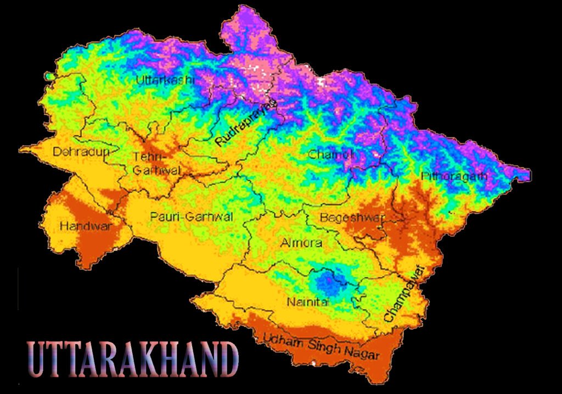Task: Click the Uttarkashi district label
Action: (x=165, y=80)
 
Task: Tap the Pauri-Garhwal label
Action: (x=191, y=217)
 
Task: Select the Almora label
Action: (x=301, y=243)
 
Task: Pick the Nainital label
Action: (x=307, y=302)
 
